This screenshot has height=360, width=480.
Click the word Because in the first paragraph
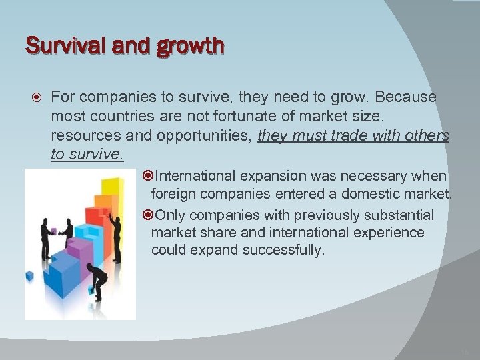(406, 97)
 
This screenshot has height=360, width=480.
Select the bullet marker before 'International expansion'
(149, 177)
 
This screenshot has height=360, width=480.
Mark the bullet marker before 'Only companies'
(149, 215)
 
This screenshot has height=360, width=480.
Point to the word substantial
(398, 215)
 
